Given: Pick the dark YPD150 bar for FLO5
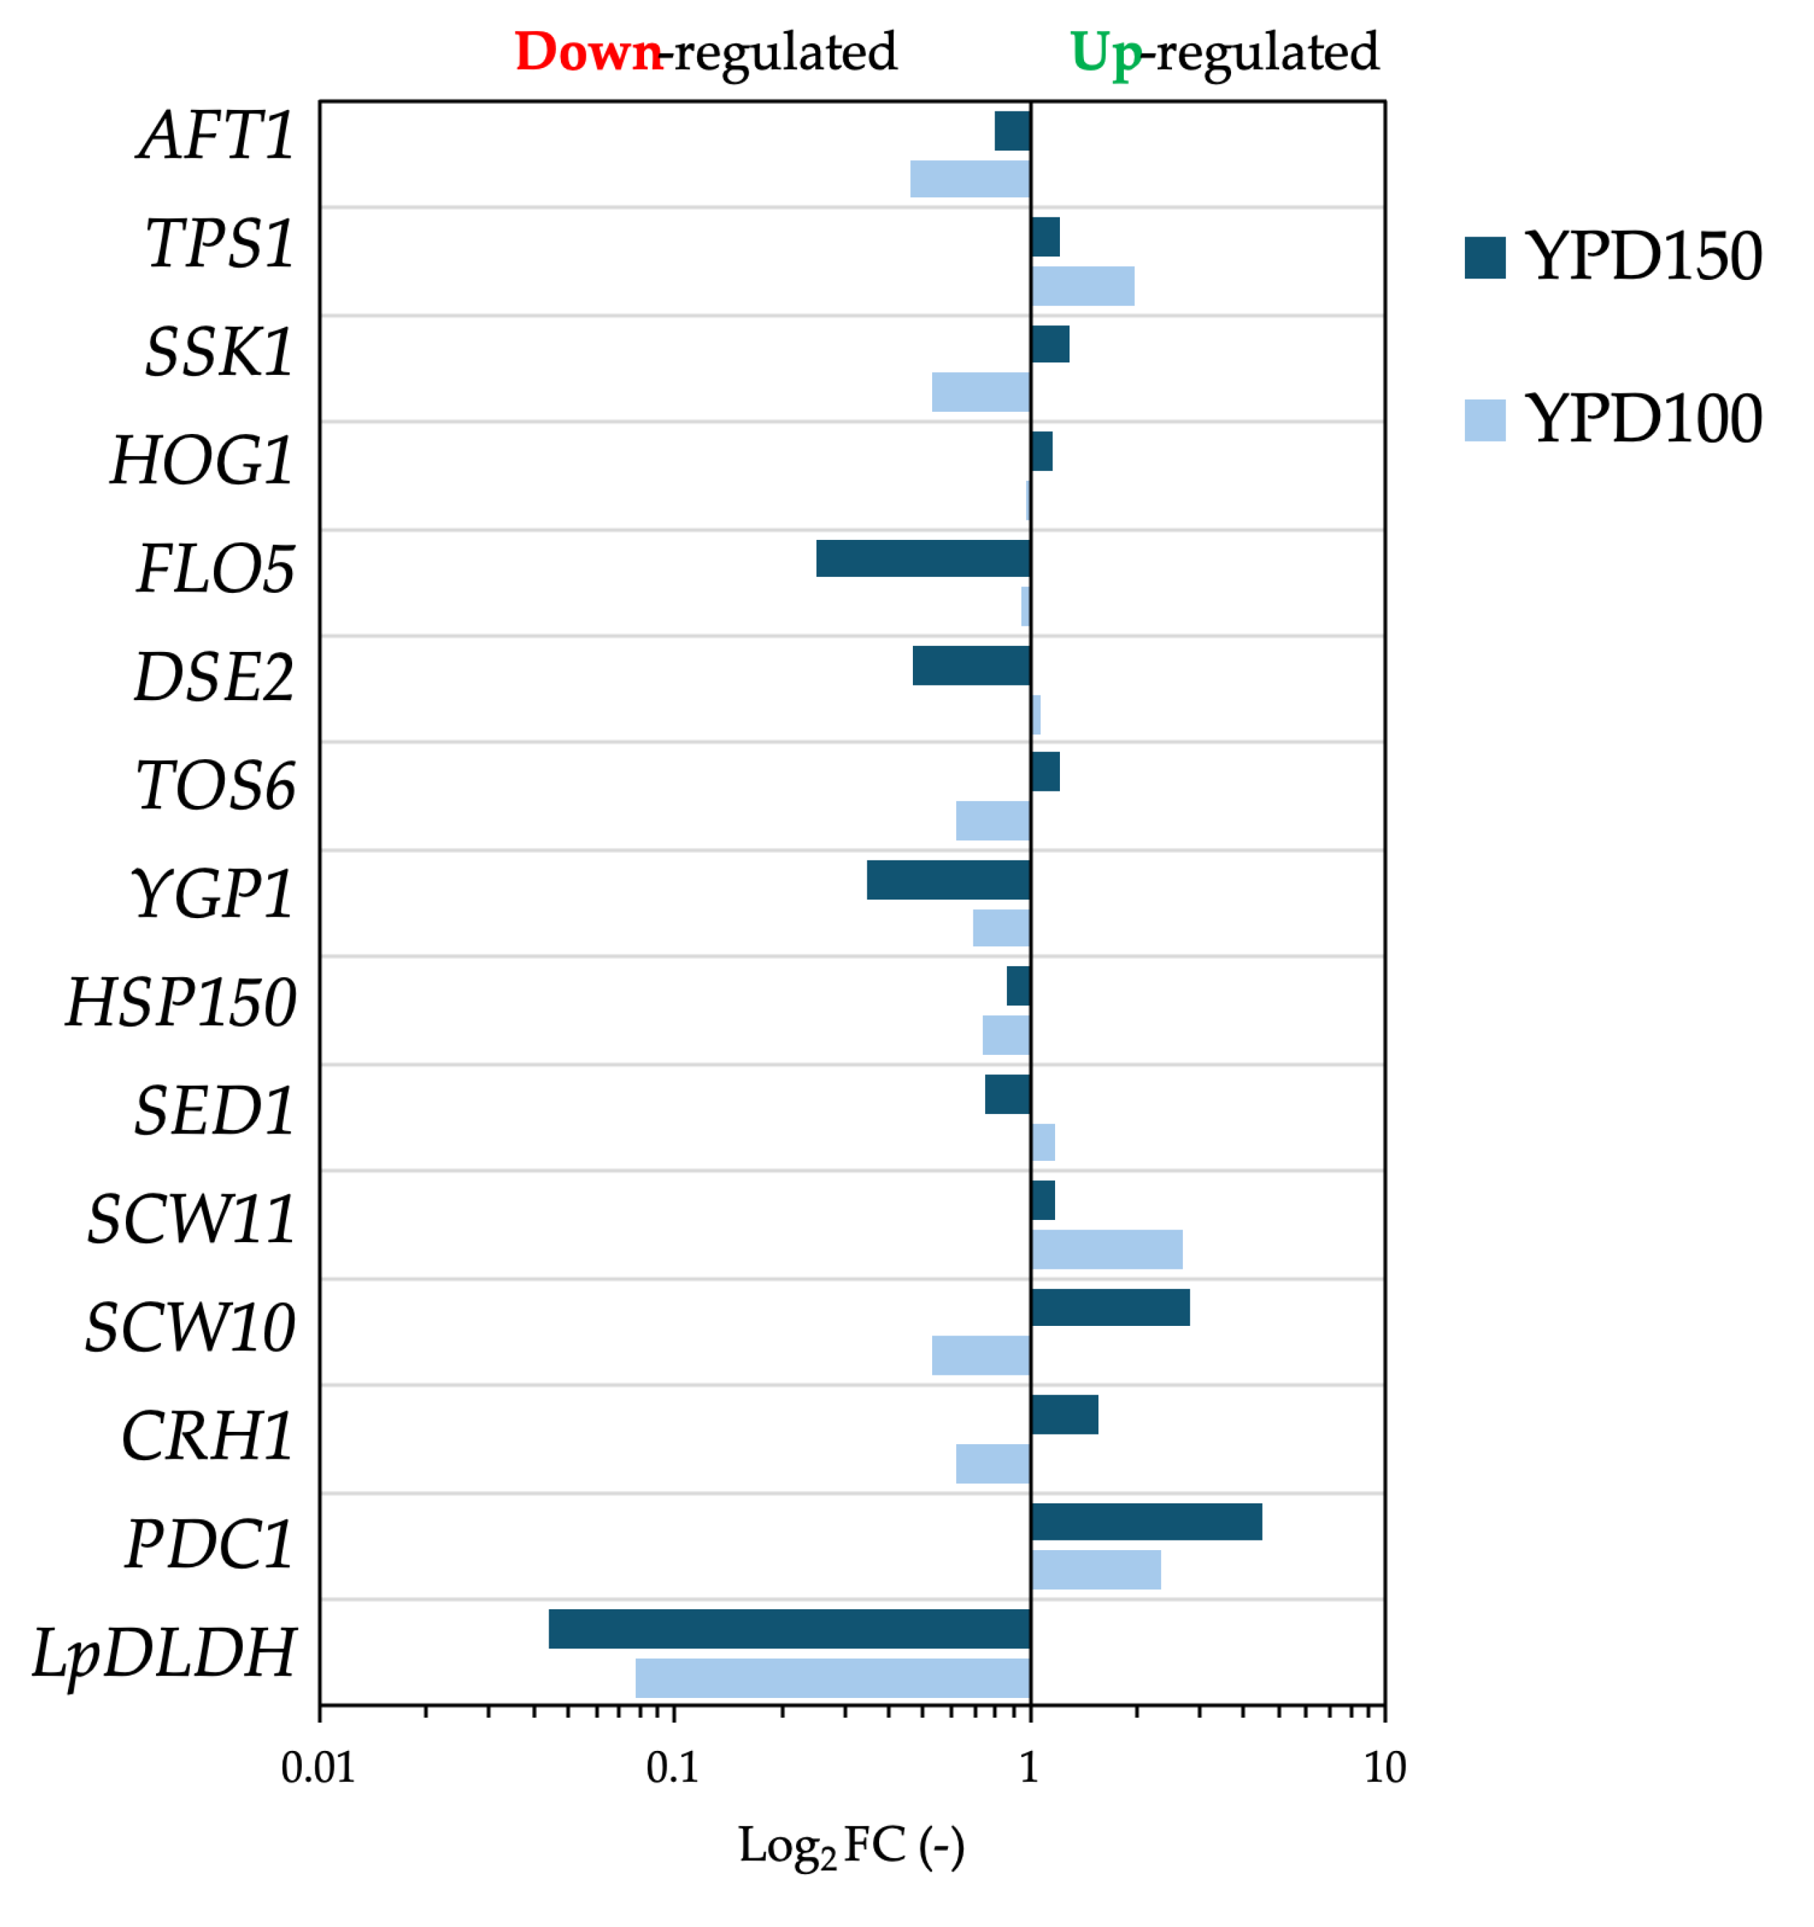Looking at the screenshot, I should (922, 558).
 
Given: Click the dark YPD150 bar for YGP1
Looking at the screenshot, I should (948, 879).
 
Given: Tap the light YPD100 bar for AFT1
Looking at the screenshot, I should (969, 178).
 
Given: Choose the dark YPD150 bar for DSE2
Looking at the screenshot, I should (971, 665).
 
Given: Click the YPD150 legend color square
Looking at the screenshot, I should (1485, 257).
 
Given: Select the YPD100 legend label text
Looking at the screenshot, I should (1644, 419).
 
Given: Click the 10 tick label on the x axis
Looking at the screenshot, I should (1384, 1769).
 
